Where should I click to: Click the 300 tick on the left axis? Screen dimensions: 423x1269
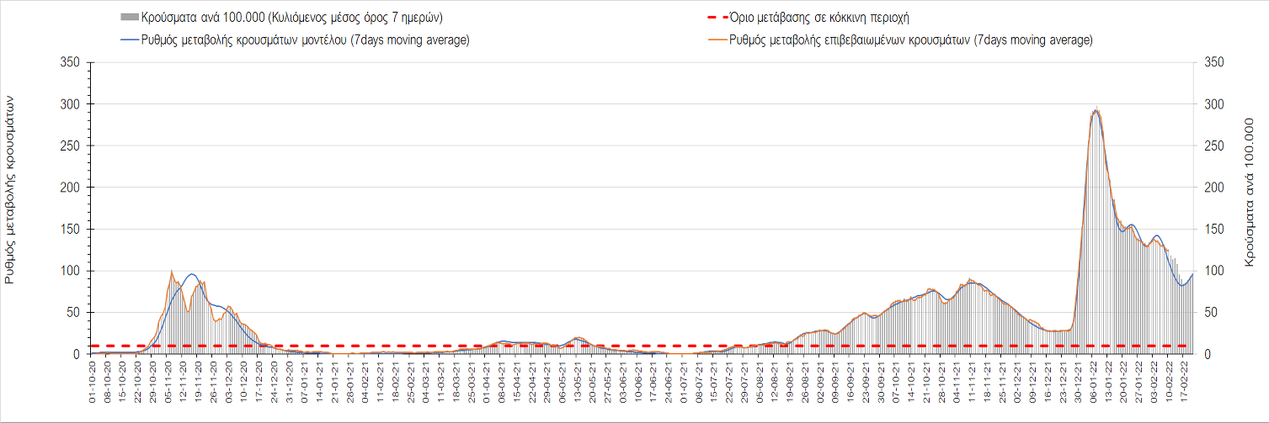[72, 104]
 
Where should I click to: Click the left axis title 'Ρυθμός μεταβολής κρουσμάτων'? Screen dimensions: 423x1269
[11, 200]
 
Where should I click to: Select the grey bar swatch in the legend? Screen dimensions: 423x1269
[130, 18]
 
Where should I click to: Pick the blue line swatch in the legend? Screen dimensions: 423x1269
[130, 40]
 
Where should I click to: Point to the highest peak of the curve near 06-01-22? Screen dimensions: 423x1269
[1096, 109]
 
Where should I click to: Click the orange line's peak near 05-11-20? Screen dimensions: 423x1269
[172, 271]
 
